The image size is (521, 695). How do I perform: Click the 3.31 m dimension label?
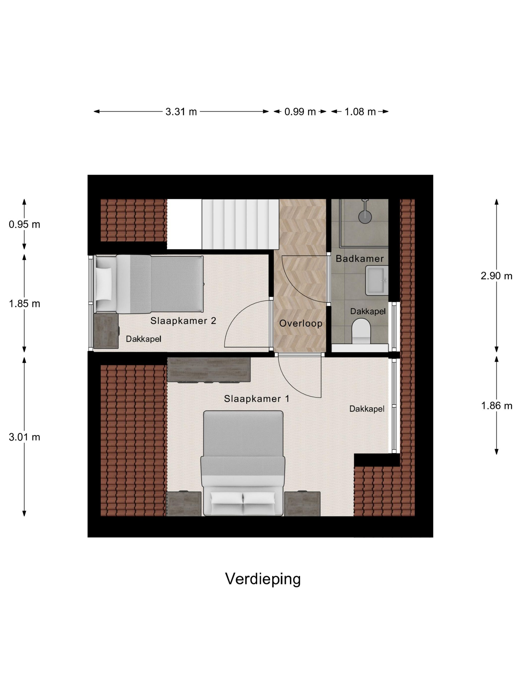coord(181,111)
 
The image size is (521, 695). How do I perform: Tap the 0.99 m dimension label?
coord(300,111)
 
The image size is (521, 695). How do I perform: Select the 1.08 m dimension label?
coord(360,111)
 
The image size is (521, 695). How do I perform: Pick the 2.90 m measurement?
coord(496,276)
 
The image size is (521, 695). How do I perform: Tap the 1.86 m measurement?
coord(496,406)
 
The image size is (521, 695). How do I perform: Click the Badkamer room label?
coord(359,259)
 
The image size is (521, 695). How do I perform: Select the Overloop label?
coord(300,323)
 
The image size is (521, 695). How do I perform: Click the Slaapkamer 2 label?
coord(183,321)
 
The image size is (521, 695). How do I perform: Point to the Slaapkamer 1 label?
coord(256,399)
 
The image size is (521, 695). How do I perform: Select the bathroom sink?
coord(376,280)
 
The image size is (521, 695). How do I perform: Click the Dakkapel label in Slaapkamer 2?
coord(143,339)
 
